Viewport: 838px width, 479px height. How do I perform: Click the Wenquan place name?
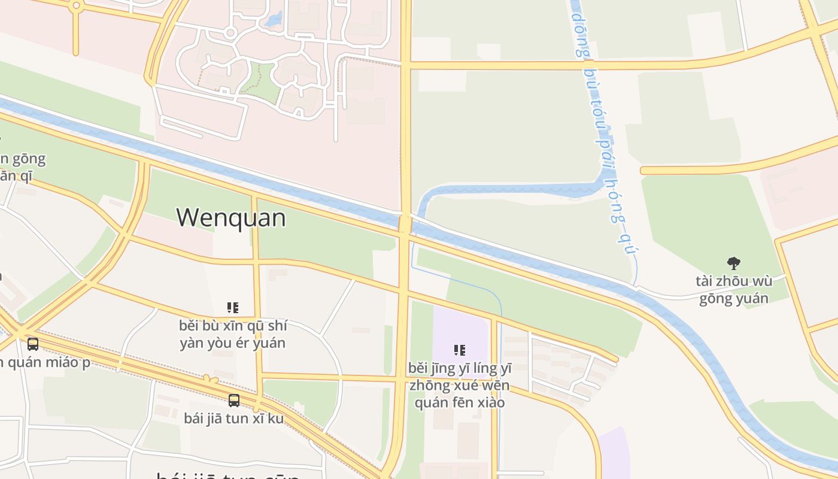click(x=231, y=217)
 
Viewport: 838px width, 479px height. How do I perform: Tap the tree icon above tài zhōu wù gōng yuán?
click(x=733, y=263)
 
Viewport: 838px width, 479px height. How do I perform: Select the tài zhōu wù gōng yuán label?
click(x=734, y=289)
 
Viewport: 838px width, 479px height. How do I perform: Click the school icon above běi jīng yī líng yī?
click(x=459, y=350)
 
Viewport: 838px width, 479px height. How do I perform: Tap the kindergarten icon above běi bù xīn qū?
click(x=233, y=308)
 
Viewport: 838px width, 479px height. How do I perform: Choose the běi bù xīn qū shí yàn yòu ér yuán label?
click(x=233, y=334)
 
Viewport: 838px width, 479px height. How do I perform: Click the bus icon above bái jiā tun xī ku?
click(x=234, y=401)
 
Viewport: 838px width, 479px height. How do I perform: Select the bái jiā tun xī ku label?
click(x=234, y=418)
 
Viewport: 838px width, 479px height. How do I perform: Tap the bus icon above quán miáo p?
click(x=33, y=344)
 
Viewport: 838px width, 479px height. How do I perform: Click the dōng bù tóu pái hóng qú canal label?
click(x=604, y=132)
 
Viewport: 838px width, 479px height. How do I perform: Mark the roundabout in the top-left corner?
click(x=75, y=7)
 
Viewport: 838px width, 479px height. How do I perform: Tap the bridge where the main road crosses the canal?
click(x=405, y=224)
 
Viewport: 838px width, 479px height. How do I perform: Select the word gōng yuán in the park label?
click(x=734, y=298)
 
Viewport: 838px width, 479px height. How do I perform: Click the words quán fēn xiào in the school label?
click(x=460, y=402)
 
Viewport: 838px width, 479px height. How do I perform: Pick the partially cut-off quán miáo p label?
click(x=45, y=362)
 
